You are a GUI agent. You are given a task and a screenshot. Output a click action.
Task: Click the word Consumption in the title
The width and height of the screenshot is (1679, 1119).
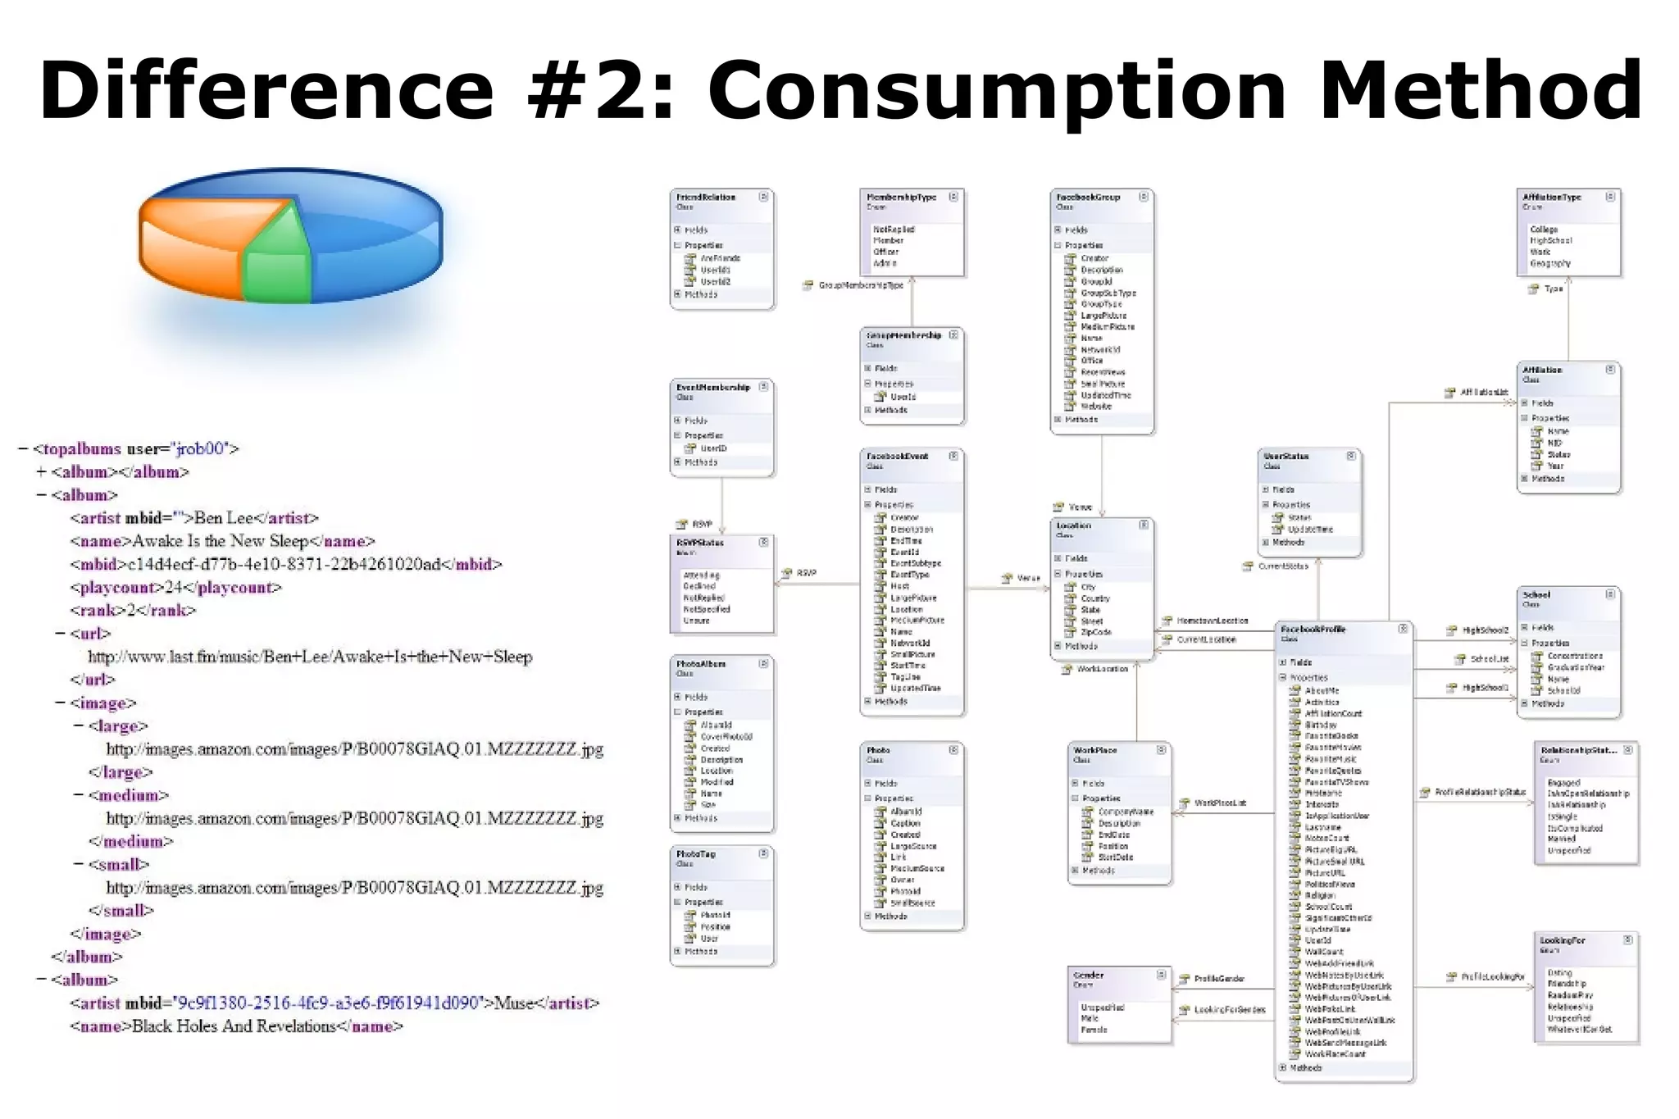click(x=996, y=90)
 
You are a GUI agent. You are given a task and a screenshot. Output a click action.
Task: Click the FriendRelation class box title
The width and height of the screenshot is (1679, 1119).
click(x=706, y=198)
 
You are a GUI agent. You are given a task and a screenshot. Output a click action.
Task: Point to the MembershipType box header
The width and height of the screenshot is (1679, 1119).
click(x=901, y=198)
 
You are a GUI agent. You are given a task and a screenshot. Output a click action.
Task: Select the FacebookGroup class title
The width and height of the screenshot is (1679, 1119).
click(x=1088, y=198)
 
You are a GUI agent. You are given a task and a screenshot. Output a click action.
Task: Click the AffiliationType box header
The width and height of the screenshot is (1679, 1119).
click(x=1552, y=198)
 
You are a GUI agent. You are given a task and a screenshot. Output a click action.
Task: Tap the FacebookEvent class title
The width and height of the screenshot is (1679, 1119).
click(x=897, y=457)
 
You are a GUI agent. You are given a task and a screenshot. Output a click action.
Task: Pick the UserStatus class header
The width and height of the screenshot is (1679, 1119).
click(x=1286, y=457)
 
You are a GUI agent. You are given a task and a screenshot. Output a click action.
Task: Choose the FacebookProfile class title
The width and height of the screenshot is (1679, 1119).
click(x=1313, y=630)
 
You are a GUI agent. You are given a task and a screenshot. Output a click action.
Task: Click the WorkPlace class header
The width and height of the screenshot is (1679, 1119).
click(x=1095, y=750)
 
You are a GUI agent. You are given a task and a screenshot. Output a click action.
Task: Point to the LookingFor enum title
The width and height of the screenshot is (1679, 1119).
click(x=1562, y=940)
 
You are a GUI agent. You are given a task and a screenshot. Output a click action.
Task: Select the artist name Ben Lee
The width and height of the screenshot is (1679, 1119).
click(x=224, y=518)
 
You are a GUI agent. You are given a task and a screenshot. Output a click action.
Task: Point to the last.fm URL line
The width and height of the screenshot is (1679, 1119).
click(x=310, y=657)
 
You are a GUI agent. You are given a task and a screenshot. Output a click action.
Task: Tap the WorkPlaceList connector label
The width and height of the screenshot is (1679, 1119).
click(x=1220, y=803)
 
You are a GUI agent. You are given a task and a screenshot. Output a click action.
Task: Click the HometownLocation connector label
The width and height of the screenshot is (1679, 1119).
click(x=1212, y=621)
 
